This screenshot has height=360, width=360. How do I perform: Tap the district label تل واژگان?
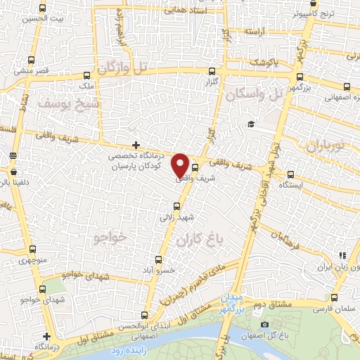[124, 69]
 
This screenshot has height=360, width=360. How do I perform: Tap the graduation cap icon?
[250, 124]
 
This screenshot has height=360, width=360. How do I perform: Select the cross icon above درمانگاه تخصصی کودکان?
[136, 145]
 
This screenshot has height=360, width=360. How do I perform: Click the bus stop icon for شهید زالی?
[176, 207]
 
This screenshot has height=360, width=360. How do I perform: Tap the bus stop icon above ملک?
[86, 75]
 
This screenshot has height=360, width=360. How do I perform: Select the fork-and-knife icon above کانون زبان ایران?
[342, 257]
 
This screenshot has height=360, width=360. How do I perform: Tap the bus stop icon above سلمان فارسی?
[333, 298]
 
